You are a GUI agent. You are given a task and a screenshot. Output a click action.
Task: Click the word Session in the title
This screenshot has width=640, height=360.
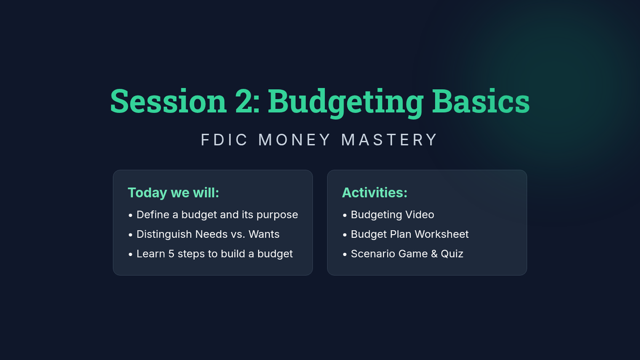[x=169, y=101]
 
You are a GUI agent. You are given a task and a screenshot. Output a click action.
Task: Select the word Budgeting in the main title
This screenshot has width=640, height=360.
[x=346, y=103]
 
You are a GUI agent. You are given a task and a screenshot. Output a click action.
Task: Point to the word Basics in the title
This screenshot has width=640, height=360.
[x=481, y=101]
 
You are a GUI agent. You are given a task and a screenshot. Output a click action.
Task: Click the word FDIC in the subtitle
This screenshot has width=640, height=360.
[x=224, y=140]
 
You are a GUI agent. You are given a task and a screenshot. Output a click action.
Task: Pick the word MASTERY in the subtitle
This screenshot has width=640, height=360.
[x=389, y=140]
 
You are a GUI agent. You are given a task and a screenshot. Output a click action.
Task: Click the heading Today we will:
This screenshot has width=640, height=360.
[x=173, y=193]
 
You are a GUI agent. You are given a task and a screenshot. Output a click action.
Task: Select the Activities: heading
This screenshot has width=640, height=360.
[x=374, y=193]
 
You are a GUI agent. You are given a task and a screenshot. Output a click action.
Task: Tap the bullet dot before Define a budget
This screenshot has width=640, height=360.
[x=131, y=215]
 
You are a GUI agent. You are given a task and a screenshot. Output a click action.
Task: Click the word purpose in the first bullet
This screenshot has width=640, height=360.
[x=277, y=215]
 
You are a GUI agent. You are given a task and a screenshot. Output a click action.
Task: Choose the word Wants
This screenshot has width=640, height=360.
[x=264, y=234]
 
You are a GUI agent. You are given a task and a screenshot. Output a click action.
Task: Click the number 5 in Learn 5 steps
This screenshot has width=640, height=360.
[x=171, y=254]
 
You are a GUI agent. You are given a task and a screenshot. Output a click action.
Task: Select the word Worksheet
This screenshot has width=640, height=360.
[x=442, y=234]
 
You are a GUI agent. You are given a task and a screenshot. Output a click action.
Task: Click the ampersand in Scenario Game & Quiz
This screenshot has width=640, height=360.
[x=434, y=254]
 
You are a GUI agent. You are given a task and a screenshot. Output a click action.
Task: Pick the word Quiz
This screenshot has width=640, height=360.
[x=452, y=254]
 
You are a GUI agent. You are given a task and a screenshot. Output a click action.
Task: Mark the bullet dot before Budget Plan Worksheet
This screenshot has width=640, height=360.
[x=345, y=235]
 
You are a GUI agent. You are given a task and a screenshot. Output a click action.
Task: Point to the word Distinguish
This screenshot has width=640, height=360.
[x=164, y=235]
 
